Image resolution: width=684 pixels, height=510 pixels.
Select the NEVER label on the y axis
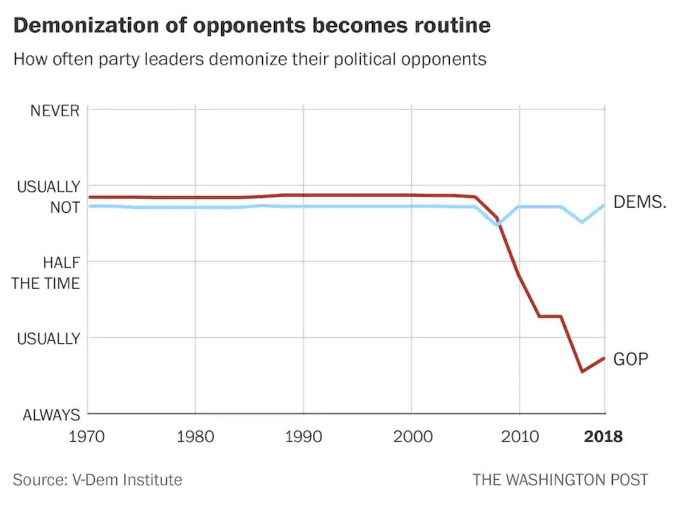pyautogui.click(x=55, y=110)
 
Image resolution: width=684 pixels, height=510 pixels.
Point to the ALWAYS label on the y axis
pyautogui.click(x=51, y=415)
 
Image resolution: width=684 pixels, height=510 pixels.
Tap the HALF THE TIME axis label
pyautogui.click(x=46, y=273)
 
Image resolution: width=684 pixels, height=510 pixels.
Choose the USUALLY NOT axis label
pyautogui.click(x=48, y=197)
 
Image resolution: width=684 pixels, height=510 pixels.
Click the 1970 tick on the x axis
pyautogui.click(x=88, y=437)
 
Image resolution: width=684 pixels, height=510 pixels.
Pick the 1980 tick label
pyautogui.click(x=196, y=437)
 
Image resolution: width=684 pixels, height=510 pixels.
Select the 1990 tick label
pyautogui.click(x=303, y=437)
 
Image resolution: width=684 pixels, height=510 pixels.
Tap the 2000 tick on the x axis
pyautogui.click(x=412, y=437)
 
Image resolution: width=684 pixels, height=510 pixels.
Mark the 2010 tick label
pyautogui.click(x=519, y=437)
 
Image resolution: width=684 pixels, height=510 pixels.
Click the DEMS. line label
pyautogui.click(x=640, y=202)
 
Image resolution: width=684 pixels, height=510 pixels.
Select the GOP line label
pyautogui.click(x=631, y=359)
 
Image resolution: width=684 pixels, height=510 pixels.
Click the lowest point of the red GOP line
pyautogui.click(x=583, y=371)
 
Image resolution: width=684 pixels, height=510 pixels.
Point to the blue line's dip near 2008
pyautogui.click(x=498, y=225)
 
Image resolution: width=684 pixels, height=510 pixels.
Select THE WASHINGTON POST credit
pyautogui.click(x=560, y=479)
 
